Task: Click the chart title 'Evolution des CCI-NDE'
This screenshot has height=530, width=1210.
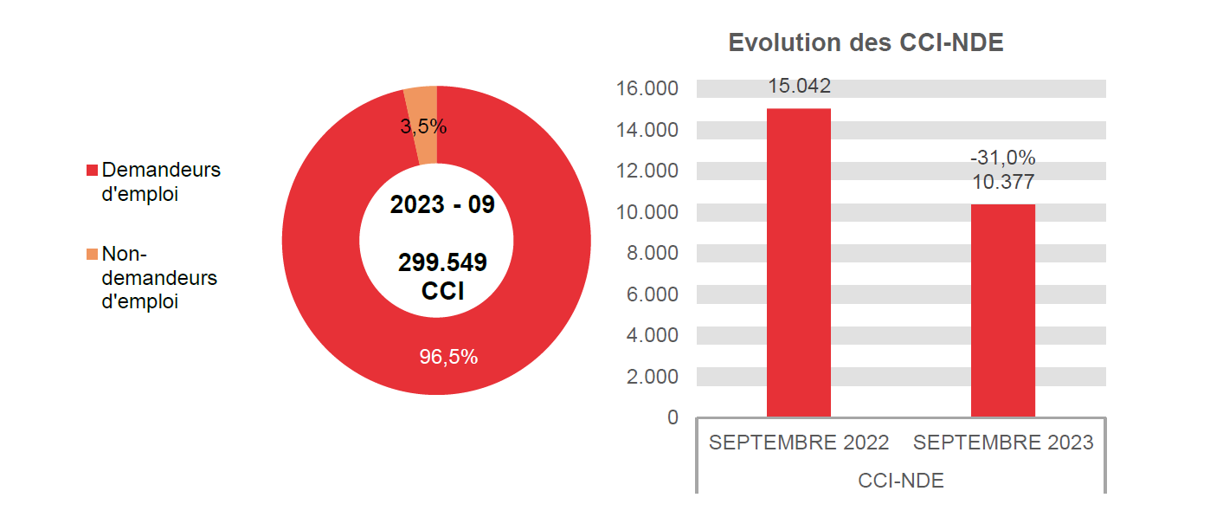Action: [x=866, y=43]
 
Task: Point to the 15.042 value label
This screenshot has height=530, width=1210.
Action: [x=799, y=87]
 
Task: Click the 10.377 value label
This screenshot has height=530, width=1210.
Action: [x=1003, y=182]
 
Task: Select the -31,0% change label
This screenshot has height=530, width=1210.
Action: [x=1003, y=158]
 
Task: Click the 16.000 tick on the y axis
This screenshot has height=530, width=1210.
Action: [x=647, y=89]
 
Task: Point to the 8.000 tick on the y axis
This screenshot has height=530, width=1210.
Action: [x=652, y=254]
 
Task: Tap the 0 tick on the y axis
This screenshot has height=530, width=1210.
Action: [x=673, y=417]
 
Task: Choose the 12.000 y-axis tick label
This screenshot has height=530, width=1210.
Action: [x=647, y=171]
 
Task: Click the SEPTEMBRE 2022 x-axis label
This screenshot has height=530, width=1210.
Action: [x=799, y=443]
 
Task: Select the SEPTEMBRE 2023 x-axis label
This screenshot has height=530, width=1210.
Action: [x=1003, y=443]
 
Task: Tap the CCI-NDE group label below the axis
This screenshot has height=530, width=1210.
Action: [x=901, y=481]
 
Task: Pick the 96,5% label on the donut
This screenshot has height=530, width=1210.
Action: [x=448, y=357]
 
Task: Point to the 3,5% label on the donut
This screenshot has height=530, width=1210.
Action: [x=423, y=127]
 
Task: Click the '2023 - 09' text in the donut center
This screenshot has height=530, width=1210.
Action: [x=442, y=205]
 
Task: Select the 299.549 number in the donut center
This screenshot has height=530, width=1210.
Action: [x=442, y=262]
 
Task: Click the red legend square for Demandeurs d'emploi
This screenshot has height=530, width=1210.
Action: [x=92, y=171]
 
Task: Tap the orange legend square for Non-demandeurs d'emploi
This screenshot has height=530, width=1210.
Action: [x=92, y=255]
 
